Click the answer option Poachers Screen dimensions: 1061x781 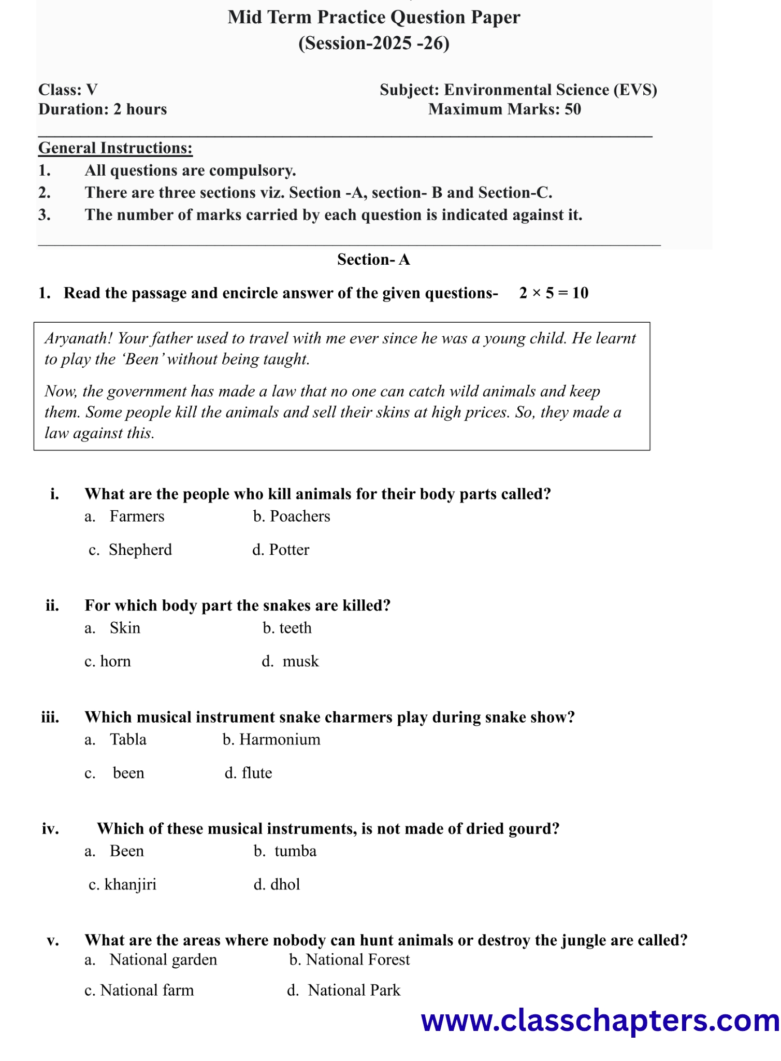(299, 517)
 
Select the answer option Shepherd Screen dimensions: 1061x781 (140, 550)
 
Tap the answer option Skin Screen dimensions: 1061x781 (125, 628)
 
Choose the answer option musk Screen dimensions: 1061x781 (300, 662)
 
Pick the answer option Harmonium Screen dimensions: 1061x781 (280, 739)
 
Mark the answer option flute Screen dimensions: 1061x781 (256, 773)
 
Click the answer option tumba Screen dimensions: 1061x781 (295, 851)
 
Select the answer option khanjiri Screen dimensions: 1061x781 (130, 884)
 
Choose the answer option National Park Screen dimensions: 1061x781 (354, 991)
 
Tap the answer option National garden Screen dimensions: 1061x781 (163, 960)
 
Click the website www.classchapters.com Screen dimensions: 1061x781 (600, 1021)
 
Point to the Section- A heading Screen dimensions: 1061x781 (373, 260)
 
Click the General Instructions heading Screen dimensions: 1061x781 (115, 148)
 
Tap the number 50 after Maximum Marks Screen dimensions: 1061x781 (573, 109)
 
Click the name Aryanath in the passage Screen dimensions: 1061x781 (78, 339)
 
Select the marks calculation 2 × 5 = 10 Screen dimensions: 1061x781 (554, 293)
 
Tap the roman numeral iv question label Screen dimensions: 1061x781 (50, 829)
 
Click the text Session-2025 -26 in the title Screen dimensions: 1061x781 (373, 43)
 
